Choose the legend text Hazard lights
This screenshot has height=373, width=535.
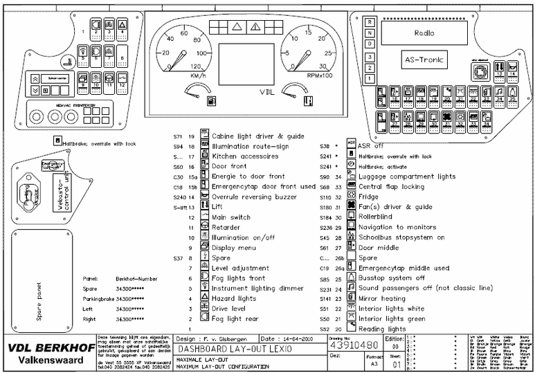(233, 298)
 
